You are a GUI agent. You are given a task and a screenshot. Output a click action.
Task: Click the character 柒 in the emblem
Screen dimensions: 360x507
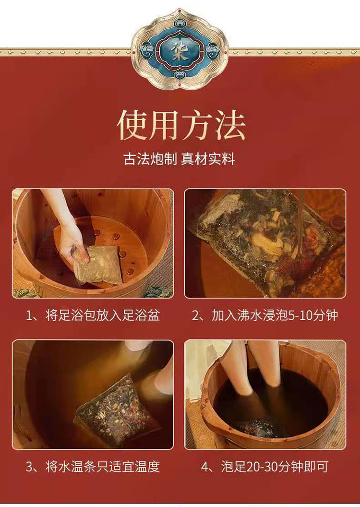click(x=180, y=49)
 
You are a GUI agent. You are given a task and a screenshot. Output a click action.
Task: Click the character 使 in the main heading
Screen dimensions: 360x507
click(x=132, y=125)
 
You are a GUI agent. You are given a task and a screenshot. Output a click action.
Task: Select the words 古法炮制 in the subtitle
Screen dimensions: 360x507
click(x=150, y=159)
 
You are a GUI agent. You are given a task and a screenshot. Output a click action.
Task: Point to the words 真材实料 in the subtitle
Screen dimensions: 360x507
click(x=208, y=159)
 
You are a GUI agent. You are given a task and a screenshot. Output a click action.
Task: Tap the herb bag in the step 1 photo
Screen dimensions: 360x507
click(x=98, y=264)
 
